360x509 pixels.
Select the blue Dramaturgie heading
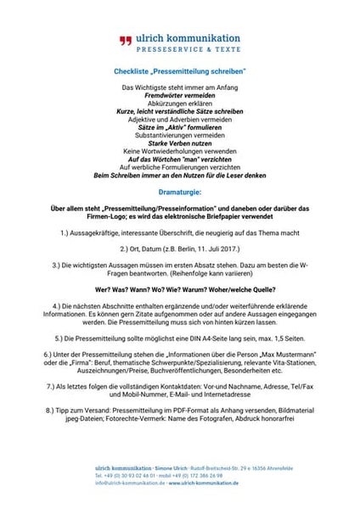point(179,193)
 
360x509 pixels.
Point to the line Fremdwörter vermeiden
point(179,98)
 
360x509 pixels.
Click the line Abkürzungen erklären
point(179,106)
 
